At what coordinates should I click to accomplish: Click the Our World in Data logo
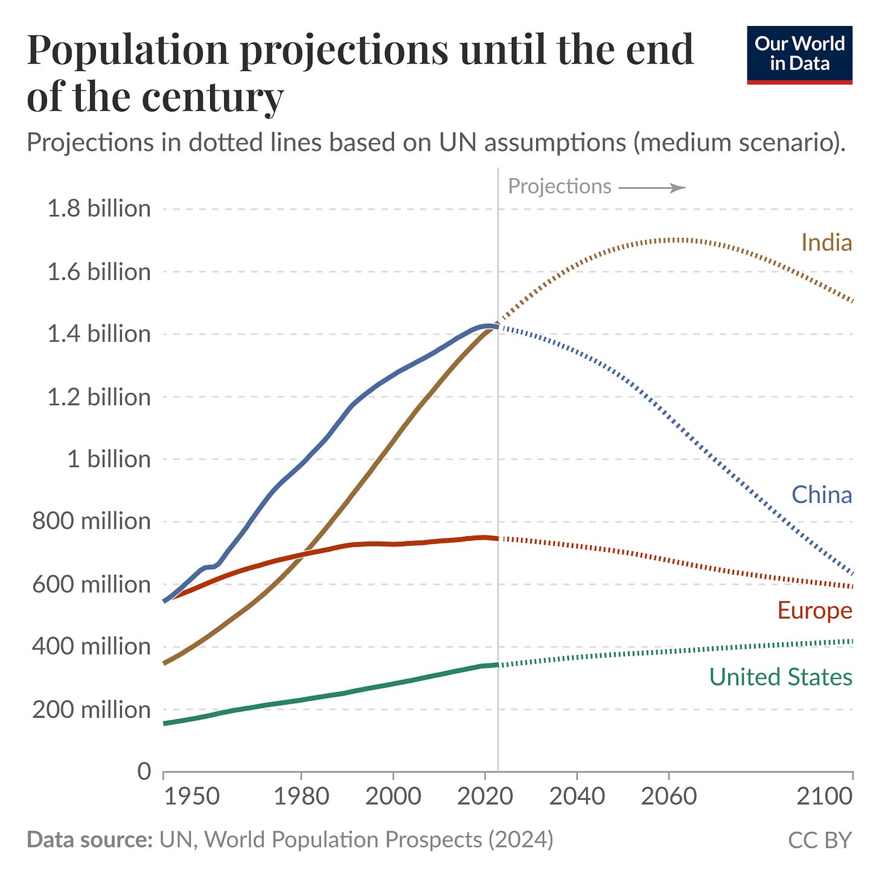click(x=799, y=54)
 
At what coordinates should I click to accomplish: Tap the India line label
click(x=826, y=243)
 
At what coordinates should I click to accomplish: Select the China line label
click(x=822, y=495)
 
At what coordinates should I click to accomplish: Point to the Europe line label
click(x=814, y=610)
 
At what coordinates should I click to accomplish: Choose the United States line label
click(x=780, y=677)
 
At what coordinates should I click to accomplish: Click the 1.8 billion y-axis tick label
click(x=99, y=209)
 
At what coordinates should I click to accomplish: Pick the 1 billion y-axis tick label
click(x=109, y=459)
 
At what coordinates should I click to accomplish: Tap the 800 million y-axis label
click(x=91, y=521)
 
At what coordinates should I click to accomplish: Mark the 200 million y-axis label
click(x=91, y=709)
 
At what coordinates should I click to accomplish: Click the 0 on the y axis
click(x=144, y=772)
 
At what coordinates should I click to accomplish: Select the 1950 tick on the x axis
click(x=192, y=796)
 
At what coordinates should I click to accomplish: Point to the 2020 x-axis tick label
click(x=485, y=796)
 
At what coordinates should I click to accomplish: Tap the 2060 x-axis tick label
click(x=669, y=796)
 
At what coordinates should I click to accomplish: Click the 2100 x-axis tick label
click(x=824, y=796)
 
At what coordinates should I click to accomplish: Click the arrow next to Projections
click(x=652, y=188)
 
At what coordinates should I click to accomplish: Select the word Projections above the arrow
click(x=560, y=187)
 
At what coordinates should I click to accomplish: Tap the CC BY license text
click(x=819, y=840)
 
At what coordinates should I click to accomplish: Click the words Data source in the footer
click(x=89, y=840)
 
